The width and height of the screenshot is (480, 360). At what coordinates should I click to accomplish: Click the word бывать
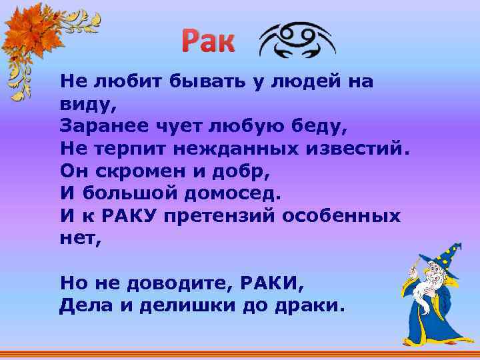(x=191, y=81)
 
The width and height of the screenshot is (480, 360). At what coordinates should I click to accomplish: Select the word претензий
(x=227, y=217)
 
